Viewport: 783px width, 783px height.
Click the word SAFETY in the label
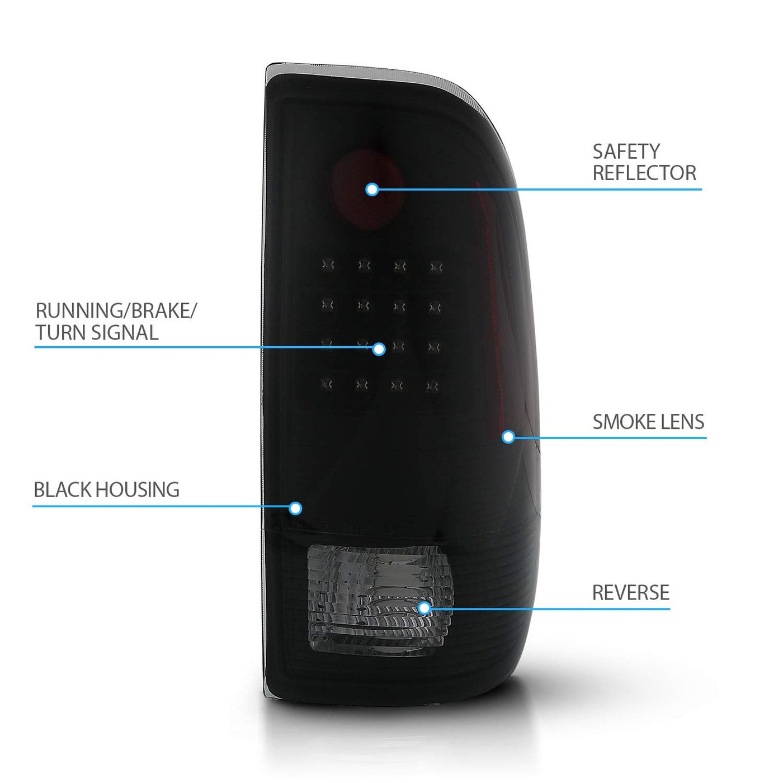pyautogui.click(x=626, y=152)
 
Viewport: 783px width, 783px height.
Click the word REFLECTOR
pyautogui.click(x=644, y=173)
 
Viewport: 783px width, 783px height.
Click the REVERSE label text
pyautogui.click(x=630, y=593)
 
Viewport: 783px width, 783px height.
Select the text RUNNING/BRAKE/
pyautogui.click(x=116, y=310)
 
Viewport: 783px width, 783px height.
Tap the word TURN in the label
pyautogui.click(x=60, y=333)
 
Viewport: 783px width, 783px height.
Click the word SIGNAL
pyautogui.click(x=125, y=333)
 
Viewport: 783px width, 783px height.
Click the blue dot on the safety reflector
pyautogui.click(x=372, y=190)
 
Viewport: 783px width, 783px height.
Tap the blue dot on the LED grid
pyautogui.click(x=379, y=350)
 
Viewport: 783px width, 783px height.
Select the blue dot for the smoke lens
pyautogui.click(x=508, y=437)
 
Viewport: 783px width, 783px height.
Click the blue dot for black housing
pyautogui.click(x=295, y=508)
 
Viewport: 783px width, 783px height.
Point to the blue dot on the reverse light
pyautogui.click(x=424, y=608)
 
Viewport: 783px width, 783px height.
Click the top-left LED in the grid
pyautogui.click(x=328, y=265)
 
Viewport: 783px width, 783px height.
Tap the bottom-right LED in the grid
pyautogui.click(x=432, y=385)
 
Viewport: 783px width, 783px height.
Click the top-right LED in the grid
pyautogui.click(x=436, y=267)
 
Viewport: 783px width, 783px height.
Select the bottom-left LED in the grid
pyautogui.click(x=327, y=384)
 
